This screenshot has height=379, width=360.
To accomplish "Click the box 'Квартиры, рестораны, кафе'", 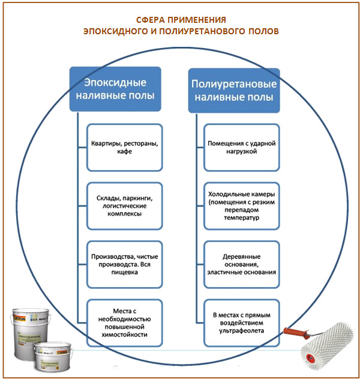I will (x=124, y=147).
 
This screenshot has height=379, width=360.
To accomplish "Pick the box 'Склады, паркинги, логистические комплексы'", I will (x=124, y=205).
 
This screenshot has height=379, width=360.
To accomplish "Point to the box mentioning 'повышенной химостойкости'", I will (x=124, y=322).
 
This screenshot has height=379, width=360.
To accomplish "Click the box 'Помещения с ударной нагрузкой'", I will (x=241, y=147).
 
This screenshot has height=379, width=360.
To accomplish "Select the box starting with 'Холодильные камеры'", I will (x=241, y=205).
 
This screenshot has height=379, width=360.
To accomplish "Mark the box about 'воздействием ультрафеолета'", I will (x=241, y=322).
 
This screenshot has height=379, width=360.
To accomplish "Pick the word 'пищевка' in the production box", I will (x=124, y=272).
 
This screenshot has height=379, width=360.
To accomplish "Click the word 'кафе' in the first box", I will (x=124, y=152).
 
